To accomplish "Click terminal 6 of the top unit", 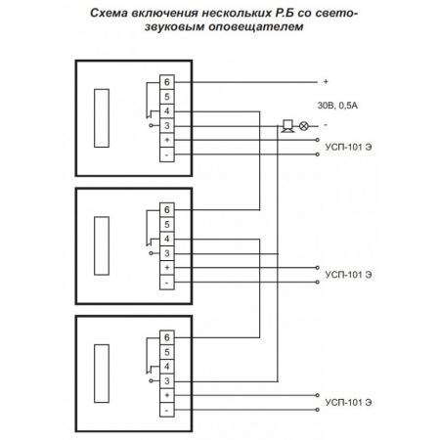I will pos(167,82).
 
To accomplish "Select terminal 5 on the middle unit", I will pos(167,225).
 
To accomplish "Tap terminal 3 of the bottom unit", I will pos(167,379).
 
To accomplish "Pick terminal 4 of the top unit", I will pos(167,111).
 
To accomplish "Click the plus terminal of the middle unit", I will pos(167,268).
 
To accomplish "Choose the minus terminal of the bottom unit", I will pos(167,409).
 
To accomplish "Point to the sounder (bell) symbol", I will pos(287,125).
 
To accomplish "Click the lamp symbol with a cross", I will pos(303,125).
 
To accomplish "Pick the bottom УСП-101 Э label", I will pos(349,402).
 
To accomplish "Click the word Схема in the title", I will pos(111,14).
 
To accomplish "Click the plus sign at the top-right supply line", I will pos(325,82).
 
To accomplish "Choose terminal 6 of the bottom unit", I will pos(167,336).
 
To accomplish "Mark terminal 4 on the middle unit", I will pos(167,239).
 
